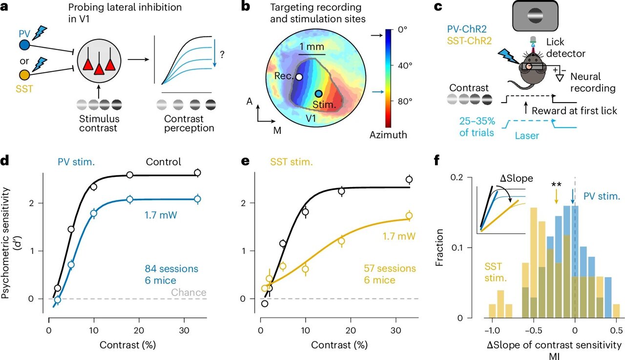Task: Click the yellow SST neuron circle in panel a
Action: (x=24, y=75)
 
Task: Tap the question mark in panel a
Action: (x=222, y=55)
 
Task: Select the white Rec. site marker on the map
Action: (x=299, y=77)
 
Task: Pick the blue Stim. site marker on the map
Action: (x=318, y=93)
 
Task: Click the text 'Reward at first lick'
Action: (x=575, y=111)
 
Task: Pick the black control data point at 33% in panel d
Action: (x=197, y=172)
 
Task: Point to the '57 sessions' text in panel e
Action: (x=390, y=268)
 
